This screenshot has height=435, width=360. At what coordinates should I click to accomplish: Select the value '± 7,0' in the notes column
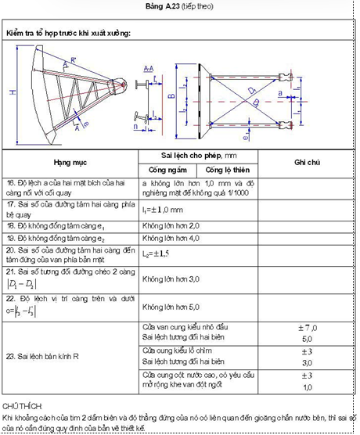(x=307, y=325)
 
